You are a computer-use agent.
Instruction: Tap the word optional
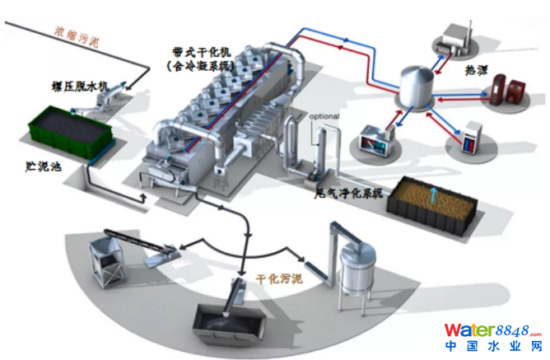point(324,116)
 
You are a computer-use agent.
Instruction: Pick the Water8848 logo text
point(492,329)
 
